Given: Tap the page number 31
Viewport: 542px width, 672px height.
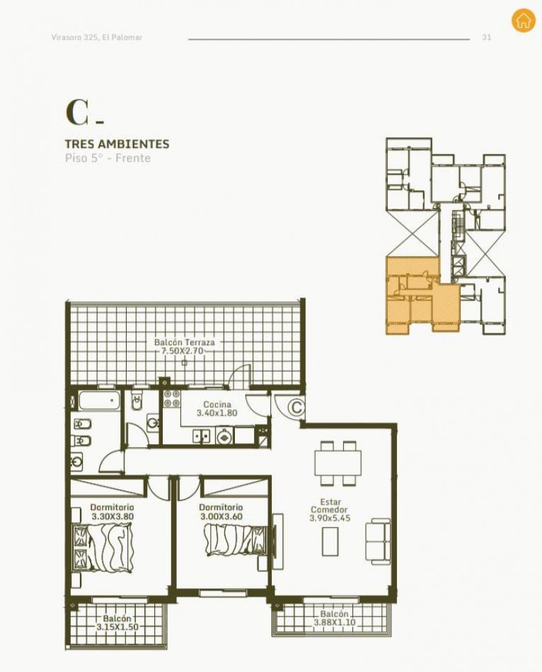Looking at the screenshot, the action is point(487,37).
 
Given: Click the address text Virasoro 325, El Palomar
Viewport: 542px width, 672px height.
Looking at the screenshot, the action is point(97,37).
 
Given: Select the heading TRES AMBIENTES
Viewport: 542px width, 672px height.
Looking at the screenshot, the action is point(117,144).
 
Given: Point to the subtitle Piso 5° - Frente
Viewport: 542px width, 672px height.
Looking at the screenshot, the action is point(108,158).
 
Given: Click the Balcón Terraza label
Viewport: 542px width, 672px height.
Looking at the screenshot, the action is point(185,347).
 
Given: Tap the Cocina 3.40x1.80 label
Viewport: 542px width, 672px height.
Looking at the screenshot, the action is point(217,408).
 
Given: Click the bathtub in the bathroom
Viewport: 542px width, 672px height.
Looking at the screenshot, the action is point(98,400).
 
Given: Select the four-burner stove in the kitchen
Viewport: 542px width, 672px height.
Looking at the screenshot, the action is point(172,398).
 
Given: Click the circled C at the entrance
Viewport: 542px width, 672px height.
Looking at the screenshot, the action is point(296,407).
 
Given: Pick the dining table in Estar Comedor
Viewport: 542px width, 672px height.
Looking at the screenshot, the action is point(338,463).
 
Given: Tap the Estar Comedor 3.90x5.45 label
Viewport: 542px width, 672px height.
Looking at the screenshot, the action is point(330,509).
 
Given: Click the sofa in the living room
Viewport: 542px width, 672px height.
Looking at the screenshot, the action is point(378,540).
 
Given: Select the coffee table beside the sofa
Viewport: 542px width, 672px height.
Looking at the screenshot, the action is point(330,541).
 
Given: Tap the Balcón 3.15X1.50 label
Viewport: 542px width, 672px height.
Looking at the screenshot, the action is point(117,622).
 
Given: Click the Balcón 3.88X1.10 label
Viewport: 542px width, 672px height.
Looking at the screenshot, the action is point(335,618).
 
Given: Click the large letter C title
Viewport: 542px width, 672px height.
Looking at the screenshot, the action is point(78,112).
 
